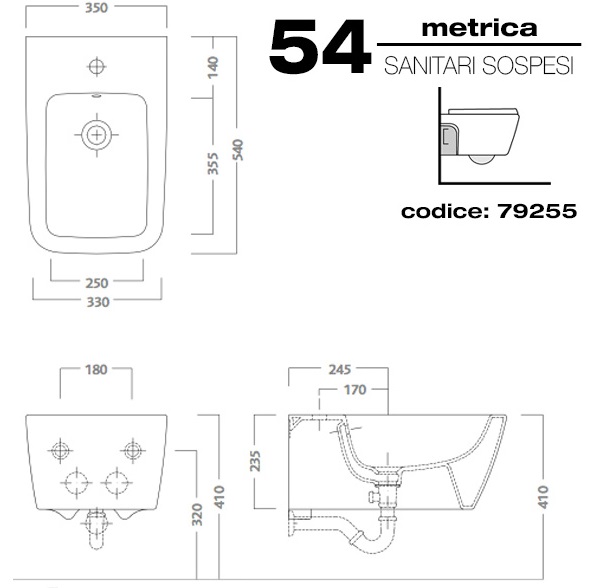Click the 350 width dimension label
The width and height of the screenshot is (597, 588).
pyautogui.click(x=96, y=8)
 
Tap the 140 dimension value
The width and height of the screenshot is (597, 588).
pyautogui.click(x=213, y=67)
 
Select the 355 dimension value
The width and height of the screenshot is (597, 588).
pyautogui.click(x=213, y=163)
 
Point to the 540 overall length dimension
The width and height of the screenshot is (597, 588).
pyautogui.click(x=237, y=150)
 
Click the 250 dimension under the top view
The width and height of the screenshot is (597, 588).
pyautogui.click(x=97, y=283)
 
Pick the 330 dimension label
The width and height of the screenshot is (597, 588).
pyautogui.click(x=98, y=302)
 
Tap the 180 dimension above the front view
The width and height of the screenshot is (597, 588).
pyautogui.click(x=96, y=369)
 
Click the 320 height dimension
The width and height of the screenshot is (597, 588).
pyautogui.click(x=197, y=514)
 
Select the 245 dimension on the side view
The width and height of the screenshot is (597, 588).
pyautogui.click(x=340, y=369)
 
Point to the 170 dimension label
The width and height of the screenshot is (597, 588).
pyautogui.click(x=355, y=390)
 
